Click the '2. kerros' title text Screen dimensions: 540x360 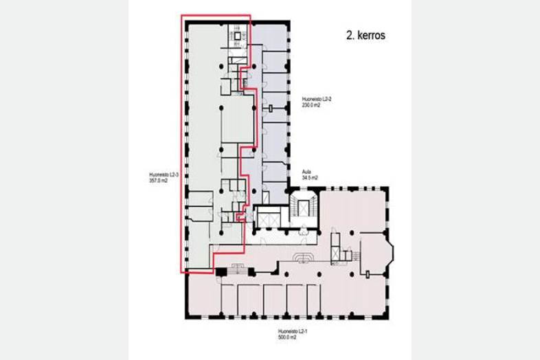point(365,35)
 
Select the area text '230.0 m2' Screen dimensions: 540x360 point(311,105)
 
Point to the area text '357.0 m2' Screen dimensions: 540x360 point(158,181)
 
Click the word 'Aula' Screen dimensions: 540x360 point(306,172)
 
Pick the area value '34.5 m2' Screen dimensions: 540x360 point(310,178)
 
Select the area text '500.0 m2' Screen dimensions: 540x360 point(287,337)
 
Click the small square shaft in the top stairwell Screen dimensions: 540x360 point(237,36)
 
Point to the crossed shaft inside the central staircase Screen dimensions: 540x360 point(304,208)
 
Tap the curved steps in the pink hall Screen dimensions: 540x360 point(303,257)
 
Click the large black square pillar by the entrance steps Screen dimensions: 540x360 point(221,271)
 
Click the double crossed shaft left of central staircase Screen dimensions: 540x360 point(267,220)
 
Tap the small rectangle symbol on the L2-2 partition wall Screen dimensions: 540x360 point(271,109)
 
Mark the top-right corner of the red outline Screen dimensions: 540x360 point(250,15)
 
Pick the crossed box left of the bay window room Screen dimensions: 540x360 point(335,254)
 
